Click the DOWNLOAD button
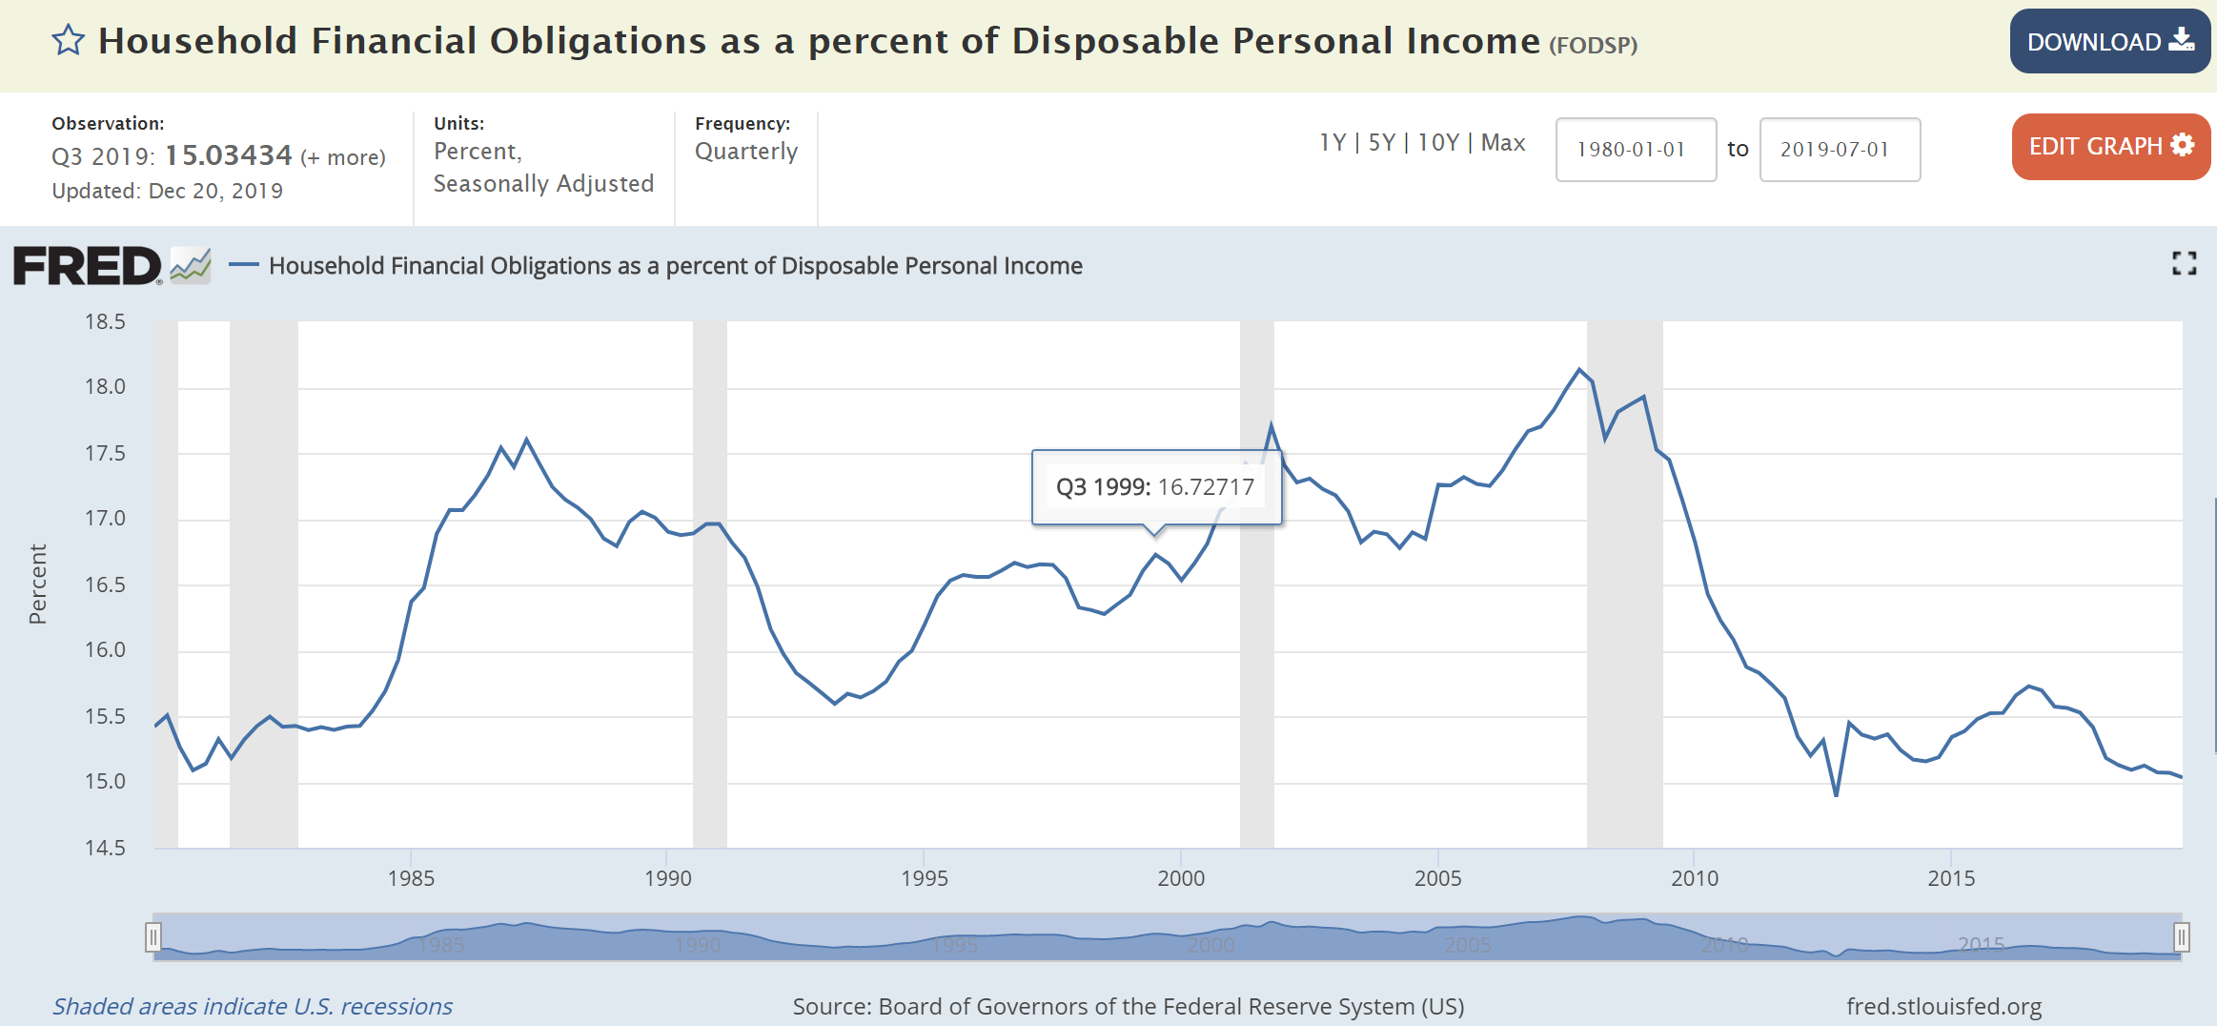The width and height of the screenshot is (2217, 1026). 2109,41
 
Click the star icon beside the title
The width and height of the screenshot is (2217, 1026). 68,41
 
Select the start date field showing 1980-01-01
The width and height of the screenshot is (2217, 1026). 1636,150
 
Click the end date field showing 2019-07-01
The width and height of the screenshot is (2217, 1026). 1839,150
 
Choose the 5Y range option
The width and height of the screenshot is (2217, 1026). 1381,143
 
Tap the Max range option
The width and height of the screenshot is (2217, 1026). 1503,143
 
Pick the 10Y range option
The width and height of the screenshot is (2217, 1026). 1438,143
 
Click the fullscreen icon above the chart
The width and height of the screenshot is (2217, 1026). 2184,264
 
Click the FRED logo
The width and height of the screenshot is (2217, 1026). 88,266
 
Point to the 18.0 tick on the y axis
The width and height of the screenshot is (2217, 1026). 105,386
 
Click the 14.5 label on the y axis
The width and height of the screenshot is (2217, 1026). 105,848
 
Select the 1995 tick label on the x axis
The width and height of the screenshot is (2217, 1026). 924,878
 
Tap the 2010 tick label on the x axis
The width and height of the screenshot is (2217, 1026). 1694,878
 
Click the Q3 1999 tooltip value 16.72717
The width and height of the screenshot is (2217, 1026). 1206,487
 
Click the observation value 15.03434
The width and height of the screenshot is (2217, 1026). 229,155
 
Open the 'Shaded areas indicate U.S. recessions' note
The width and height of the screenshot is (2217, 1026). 252,1006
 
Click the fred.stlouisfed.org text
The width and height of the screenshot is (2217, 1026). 1943,1006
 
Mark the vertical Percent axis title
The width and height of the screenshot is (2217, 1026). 38,584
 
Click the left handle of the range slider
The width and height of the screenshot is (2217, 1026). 153,937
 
